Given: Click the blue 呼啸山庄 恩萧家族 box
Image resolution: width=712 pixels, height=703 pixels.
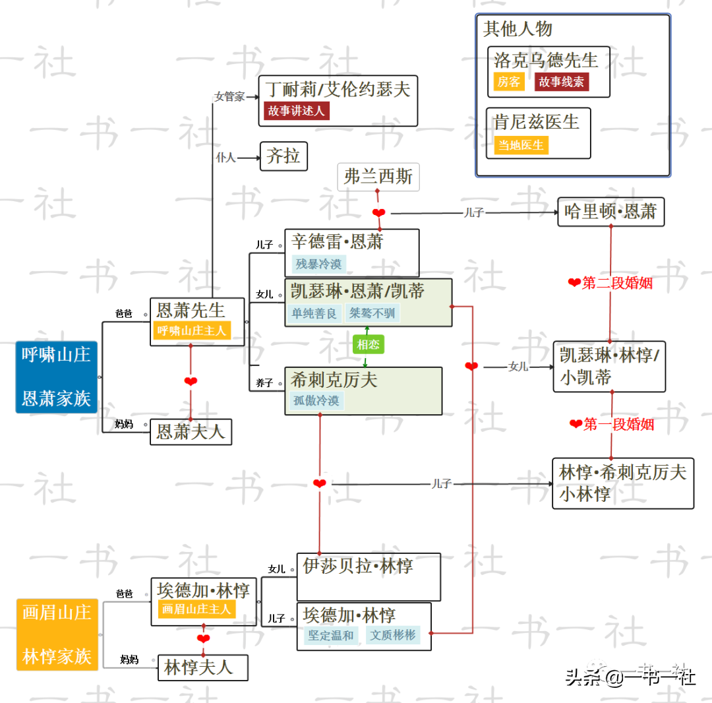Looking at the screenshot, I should point(57,377).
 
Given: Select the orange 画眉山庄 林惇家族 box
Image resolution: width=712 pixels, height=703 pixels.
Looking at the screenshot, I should point(57,634).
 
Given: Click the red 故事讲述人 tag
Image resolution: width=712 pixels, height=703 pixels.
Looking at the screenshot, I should point(297,111).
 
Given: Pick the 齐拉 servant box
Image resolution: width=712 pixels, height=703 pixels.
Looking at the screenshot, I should point(283,156).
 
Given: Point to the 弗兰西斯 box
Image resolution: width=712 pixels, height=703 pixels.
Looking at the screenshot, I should point(378,177).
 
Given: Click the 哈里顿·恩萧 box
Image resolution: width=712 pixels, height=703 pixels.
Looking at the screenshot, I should point(610,212).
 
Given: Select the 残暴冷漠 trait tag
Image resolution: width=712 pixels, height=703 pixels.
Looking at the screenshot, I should point(319,264).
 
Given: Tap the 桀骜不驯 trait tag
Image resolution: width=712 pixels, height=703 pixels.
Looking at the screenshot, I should point(372,313).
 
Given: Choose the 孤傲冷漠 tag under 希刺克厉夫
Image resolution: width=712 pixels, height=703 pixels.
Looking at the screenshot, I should point(317,400).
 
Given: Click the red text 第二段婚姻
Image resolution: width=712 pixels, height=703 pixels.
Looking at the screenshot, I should point(617,283).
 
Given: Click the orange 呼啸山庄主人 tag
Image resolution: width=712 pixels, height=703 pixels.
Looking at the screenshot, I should point(191,330).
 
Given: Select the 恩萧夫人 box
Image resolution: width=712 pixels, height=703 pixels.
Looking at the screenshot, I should point(191,432).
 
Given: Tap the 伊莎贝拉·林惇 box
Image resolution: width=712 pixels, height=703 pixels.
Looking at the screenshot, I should point(368,576).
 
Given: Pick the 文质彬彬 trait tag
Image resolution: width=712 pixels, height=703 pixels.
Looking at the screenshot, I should point(393,636).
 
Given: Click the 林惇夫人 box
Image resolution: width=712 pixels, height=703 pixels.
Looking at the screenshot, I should point(203,667).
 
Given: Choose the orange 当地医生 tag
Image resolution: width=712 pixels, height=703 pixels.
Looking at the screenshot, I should point(521,145).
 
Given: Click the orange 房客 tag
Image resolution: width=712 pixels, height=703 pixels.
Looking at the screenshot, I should point(509,82).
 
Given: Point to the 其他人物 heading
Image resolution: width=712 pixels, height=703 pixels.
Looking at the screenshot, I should point(518,29).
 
